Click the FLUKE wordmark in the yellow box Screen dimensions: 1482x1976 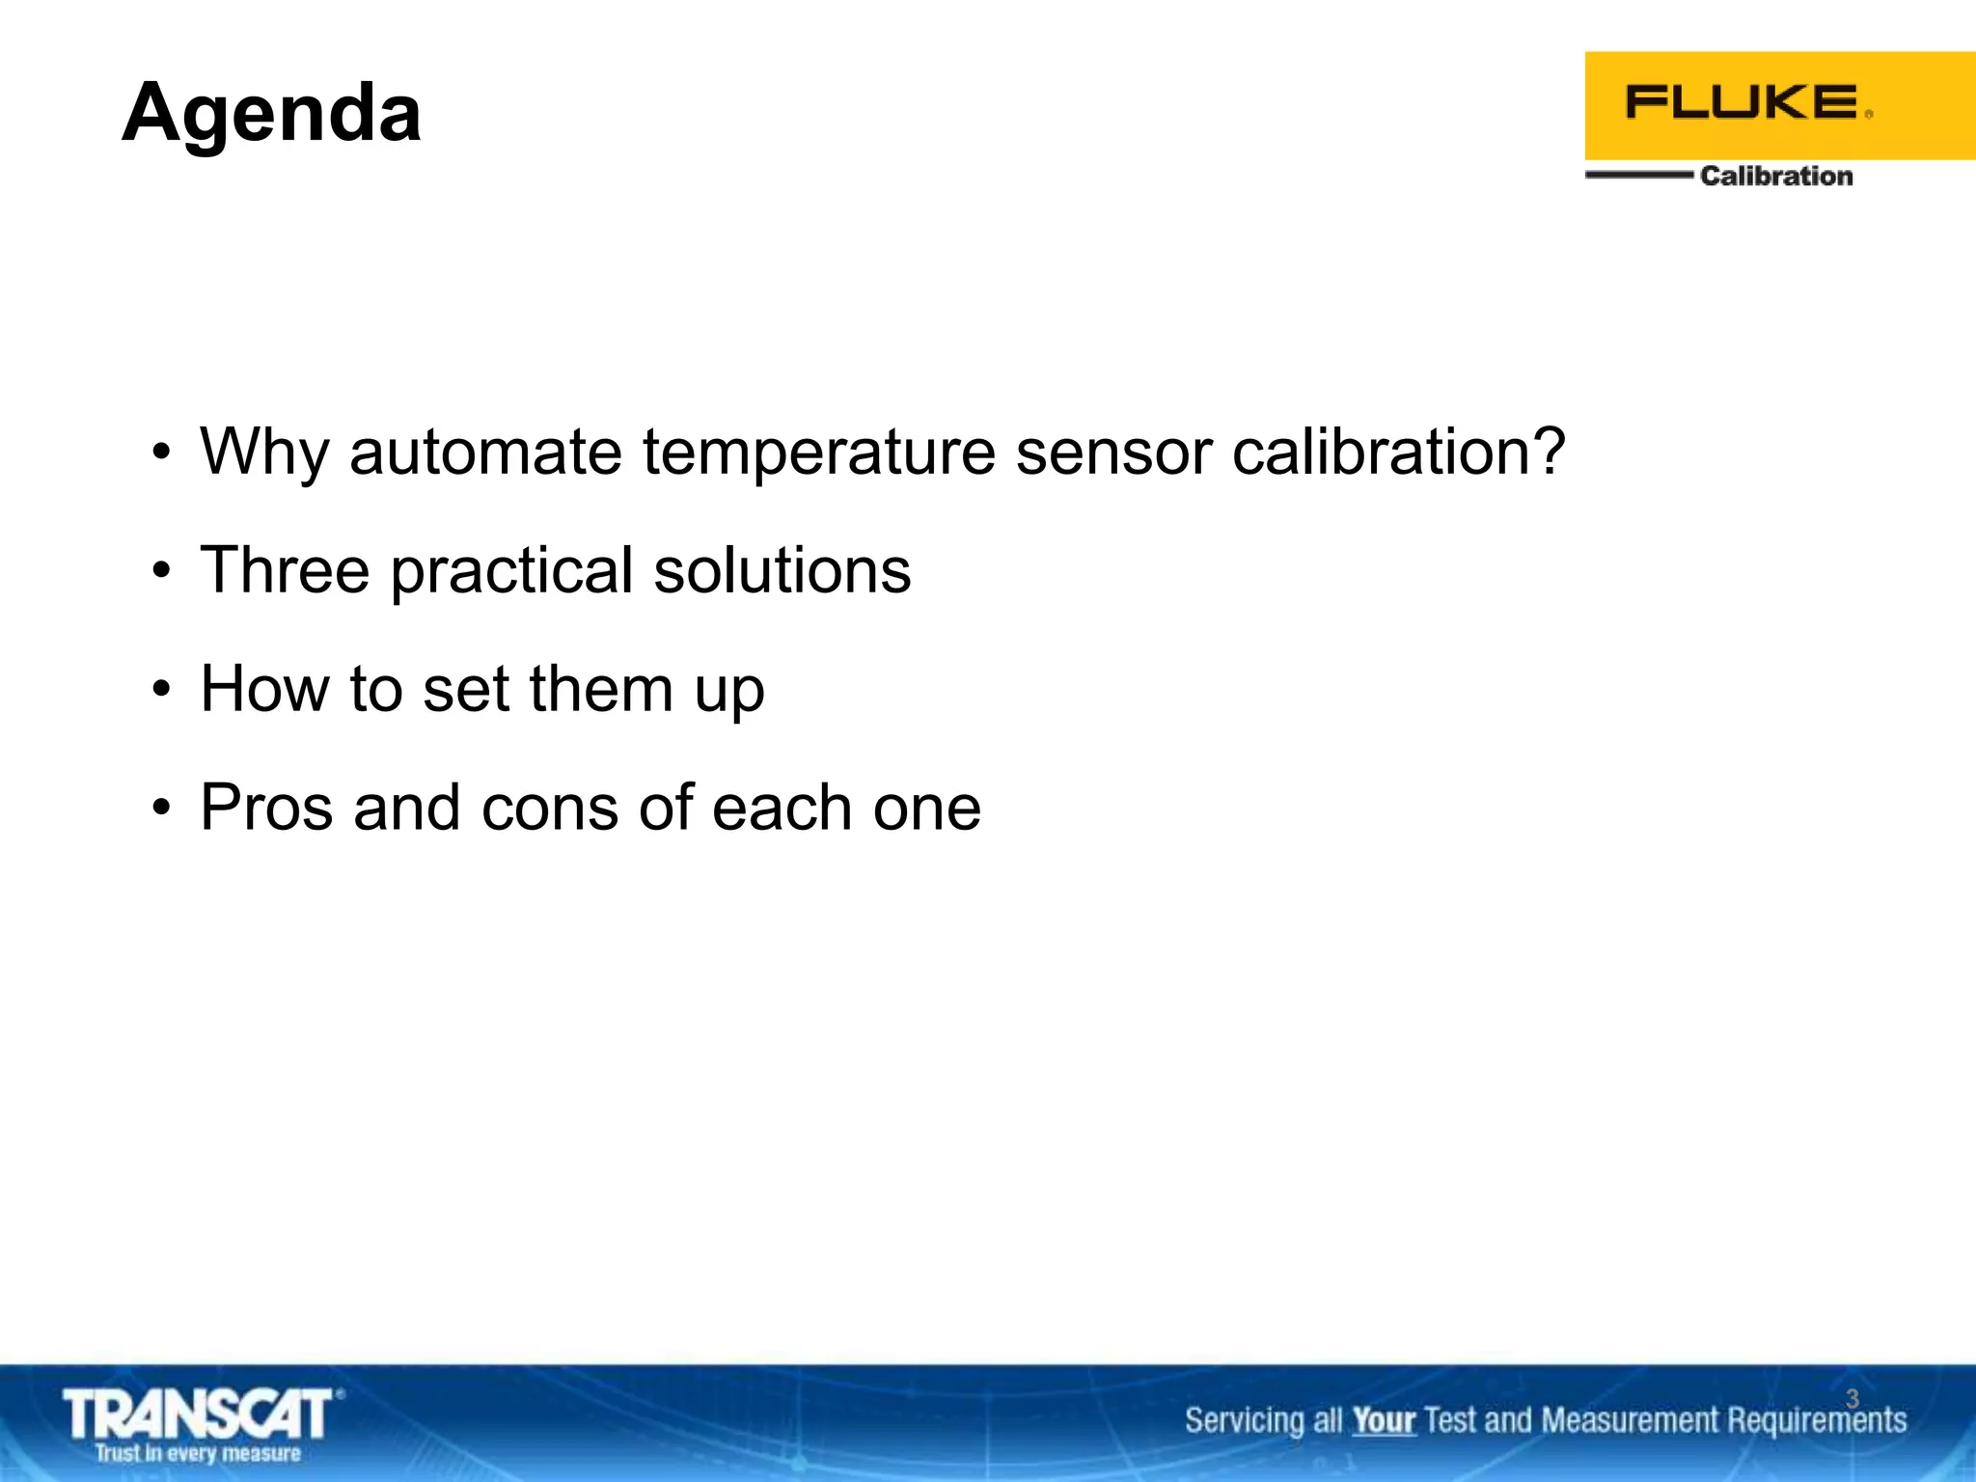point(1742,102)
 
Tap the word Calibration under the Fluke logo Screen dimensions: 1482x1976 point(1775,176)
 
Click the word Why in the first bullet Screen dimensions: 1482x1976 point(262,453)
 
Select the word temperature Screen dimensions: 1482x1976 point(818,453)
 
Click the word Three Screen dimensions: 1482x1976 point(285,570)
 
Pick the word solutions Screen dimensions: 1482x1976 point(782,570)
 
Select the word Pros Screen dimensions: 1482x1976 point(266,808)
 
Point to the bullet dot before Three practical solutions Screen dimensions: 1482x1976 point(161,570)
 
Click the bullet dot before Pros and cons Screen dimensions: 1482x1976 point(161,808)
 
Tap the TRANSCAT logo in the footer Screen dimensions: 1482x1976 point(199,1414)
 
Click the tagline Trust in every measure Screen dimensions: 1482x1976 point(198,1454)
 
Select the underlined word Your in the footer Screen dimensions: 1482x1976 point(1383,1420)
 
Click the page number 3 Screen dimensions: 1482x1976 point(1852,1398)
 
